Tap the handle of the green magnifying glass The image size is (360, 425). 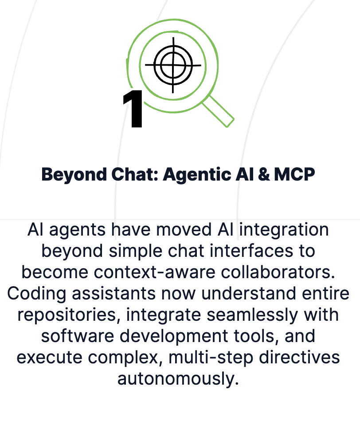point(219,111)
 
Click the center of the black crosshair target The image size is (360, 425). point(173,65)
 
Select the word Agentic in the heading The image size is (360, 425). point(197,174)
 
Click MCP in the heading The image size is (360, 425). point(294,174)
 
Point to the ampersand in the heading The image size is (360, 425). point(264,174)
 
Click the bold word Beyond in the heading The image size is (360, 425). point(74,174)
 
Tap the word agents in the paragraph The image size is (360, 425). point(77,230)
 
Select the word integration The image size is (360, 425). point(284,230)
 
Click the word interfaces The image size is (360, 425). point(251,251)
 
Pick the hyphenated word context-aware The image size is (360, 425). point(155,272)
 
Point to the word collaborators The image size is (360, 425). point(278,272)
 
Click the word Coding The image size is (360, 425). point(36,294)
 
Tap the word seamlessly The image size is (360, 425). point(252,315)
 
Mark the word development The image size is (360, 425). point(174,337)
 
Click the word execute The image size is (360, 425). point(50,358)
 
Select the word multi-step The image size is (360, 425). point(211,358)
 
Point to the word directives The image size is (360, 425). point(299,357)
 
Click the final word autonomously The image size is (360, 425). point(178,379)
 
